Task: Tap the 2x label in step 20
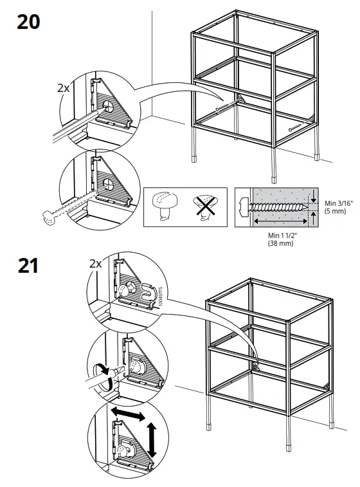(x=63, y=88)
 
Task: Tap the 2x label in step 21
(x=96, y=264)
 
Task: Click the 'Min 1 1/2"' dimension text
(x=281, y=237)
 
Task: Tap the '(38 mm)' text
(x=280, y=244)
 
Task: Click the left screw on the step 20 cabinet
(x=225, y=110)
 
